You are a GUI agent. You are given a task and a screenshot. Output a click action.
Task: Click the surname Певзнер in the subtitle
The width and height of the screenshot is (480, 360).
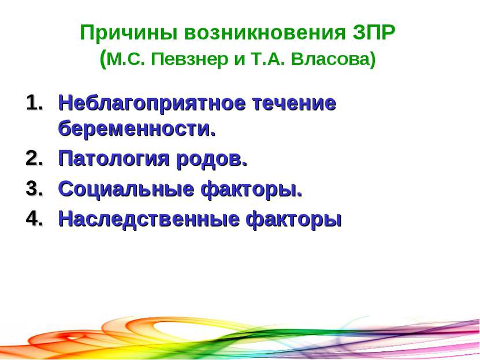pos(190,59)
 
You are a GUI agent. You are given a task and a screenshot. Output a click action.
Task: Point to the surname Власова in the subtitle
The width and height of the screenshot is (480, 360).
pos(330,59)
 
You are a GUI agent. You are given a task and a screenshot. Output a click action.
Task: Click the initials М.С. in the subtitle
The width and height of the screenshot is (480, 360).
pos(126,59)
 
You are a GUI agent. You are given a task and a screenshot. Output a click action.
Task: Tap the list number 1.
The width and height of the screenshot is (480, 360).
pos(34,103)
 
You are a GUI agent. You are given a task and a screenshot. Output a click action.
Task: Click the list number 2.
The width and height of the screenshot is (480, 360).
pos(34,158)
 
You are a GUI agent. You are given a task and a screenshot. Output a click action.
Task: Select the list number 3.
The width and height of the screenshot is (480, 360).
pos(34,188)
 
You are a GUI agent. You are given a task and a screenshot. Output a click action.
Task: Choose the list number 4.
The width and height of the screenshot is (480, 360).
pos(34,218)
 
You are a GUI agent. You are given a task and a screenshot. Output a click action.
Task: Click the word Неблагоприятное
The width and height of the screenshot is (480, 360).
pos(152,104)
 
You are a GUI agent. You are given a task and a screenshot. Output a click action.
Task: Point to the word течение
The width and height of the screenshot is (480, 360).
pos(295,103)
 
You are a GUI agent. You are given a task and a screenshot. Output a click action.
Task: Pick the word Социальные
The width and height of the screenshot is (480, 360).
pos(126,190)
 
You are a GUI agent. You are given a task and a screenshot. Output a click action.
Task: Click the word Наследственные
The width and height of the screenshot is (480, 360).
pos(148,219)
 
